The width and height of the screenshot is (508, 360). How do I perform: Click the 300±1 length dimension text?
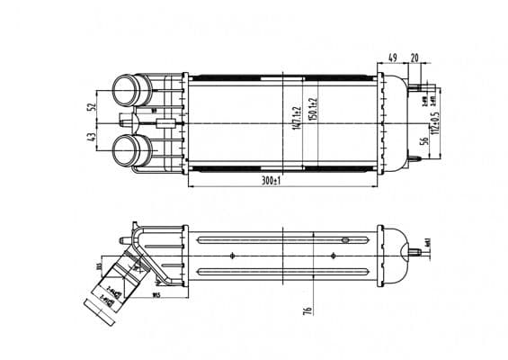pos(268,181)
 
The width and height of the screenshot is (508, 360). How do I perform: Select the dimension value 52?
pos(92,106)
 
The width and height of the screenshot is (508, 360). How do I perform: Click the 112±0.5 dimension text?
pos(436,122)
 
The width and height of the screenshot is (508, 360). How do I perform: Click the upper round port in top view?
pos(126,92)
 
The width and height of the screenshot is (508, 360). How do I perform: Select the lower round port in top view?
pos(128,149)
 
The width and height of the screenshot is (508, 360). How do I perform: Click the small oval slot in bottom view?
pos(344,240)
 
